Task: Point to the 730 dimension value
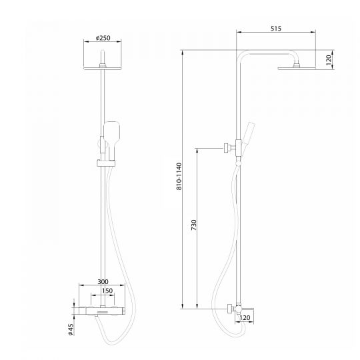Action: [x=193, y=227]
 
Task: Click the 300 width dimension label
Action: [x=102, y=283]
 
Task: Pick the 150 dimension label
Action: [x=106, y=291]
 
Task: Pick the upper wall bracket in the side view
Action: [x=229, y=145]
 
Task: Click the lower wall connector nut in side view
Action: [x=229, y=308]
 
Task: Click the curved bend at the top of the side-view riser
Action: [x=243, y=56]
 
